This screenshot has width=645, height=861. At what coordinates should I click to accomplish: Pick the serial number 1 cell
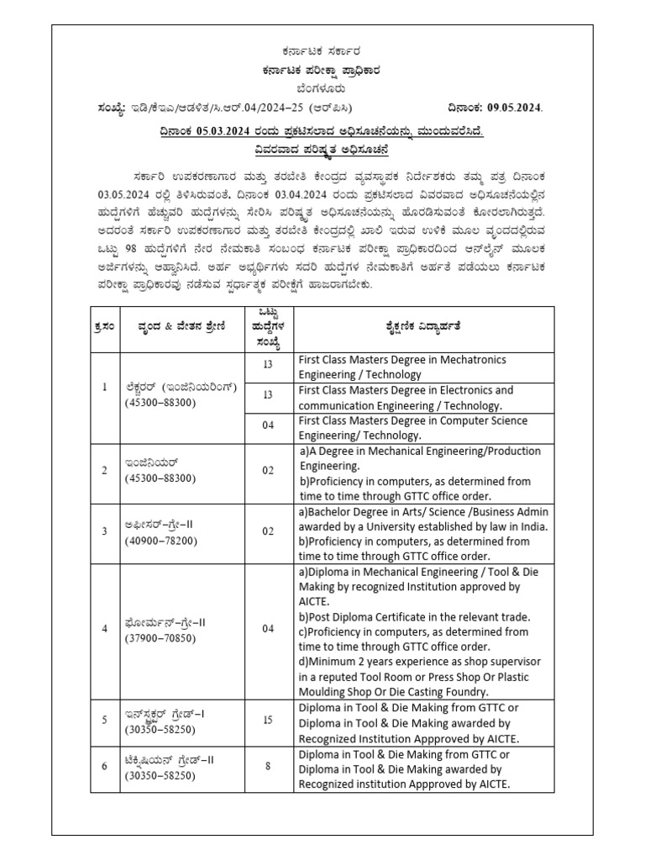point(105,387)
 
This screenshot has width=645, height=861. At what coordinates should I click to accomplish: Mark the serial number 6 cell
point(105,768)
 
